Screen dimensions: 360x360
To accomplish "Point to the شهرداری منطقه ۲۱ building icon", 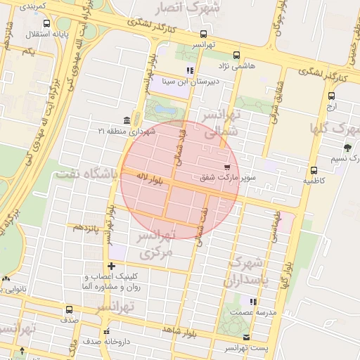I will click(126, 120).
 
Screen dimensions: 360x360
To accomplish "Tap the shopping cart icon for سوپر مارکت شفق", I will click(227, 167).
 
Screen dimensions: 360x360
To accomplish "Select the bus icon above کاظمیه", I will click(313, 170).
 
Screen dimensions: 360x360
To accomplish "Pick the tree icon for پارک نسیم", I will click(347, 148).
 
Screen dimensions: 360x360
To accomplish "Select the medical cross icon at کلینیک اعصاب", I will click(110, 266).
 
